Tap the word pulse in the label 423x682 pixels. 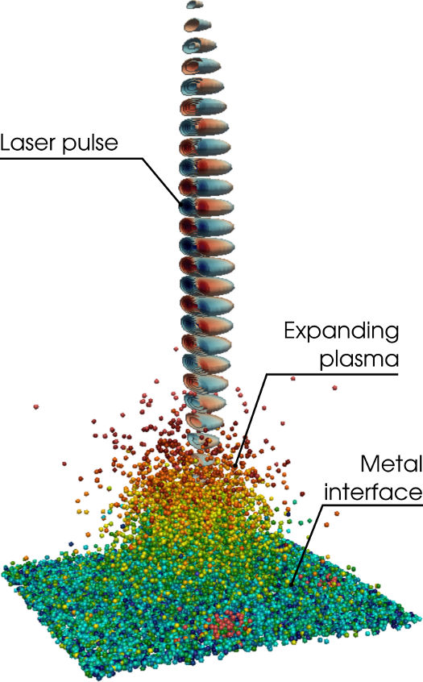90,144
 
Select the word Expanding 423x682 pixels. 342,333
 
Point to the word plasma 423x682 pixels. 359,360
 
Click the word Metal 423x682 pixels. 392,464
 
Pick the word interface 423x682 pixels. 373,493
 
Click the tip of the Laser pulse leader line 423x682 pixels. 181,204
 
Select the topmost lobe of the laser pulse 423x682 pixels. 194,5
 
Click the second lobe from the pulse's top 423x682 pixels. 198,25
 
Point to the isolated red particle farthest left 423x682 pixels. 35,406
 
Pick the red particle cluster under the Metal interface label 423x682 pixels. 330,580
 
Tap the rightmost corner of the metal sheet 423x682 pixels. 421,618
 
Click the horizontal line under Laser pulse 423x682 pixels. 71,158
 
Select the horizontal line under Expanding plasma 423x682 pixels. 332,373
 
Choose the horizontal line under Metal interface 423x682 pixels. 371,505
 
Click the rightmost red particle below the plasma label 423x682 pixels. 334,387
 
